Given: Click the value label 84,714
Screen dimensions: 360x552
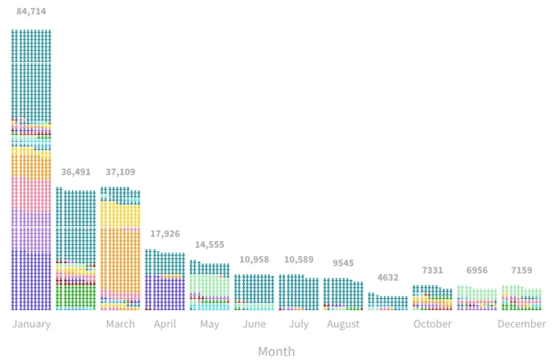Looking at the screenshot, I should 31,11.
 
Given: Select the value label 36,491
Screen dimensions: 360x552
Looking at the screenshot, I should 75,172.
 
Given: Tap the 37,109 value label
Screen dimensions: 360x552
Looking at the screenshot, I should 120,172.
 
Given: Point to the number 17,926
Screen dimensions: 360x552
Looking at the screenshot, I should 165,234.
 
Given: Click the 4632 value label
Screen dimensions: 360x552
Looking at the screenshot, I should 387,278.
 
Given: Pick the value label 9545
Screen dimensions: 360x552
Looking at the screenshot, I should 343,263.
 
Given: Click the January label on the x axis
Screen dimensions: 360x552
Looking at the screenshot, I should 31,324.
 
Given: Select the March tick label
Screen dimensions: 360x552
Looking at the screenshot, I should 120,324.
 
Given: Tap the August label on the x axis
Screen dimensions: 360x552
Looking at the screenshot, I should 343,324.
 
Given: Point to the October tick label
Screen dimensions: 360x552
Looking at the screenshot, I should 432,324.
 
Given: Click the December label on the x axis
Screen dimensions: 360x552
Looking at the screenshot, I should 521,324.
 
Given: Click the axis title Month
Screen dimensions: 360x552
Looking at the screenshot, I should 276,351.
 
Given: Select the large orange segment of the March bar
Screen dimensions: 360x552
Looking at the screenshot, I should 120,259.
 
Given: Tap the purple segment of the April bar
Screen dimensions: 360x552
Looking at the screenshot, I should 165,292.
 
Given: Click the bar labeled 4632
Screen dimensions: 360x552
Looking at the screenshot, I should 387,302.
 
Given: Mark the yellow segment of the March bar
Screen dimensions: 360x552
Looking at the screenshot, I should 120,214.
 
